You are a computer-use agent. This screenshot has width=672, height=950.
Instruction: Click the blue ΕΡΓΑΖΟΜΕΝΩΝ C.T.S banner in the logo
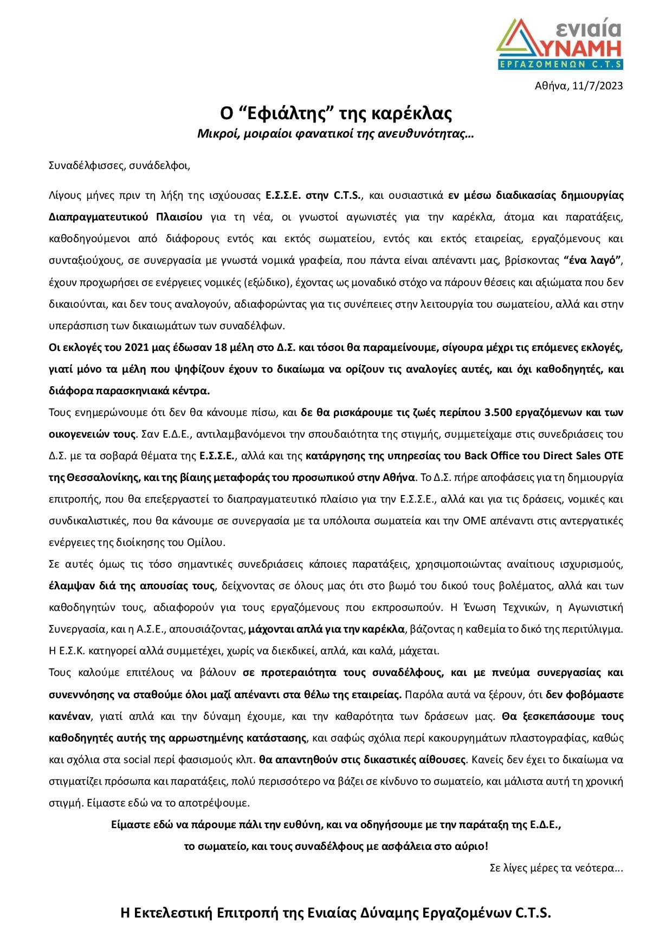pyautogui.click(x=560, y=64)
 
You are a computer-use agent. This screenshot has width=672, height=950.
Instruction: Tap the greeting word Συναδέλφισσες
pyautogui.click(x=83, y=165)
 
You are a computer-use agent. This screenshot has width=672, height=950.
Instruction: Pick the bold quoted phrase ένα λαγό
pyautogui.click(x=591, y=261)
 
